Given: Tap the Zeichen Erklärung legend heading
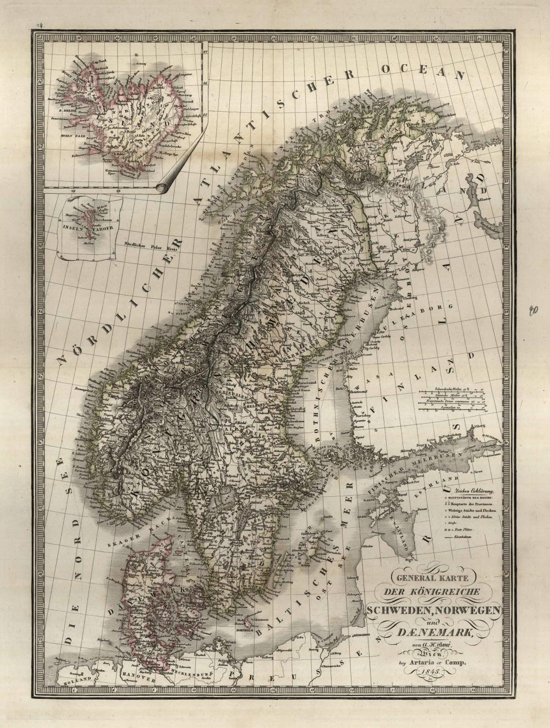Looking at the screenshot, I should coord(467,490).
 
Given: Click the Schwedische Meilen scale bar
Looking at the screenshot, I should coord(449,389).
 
